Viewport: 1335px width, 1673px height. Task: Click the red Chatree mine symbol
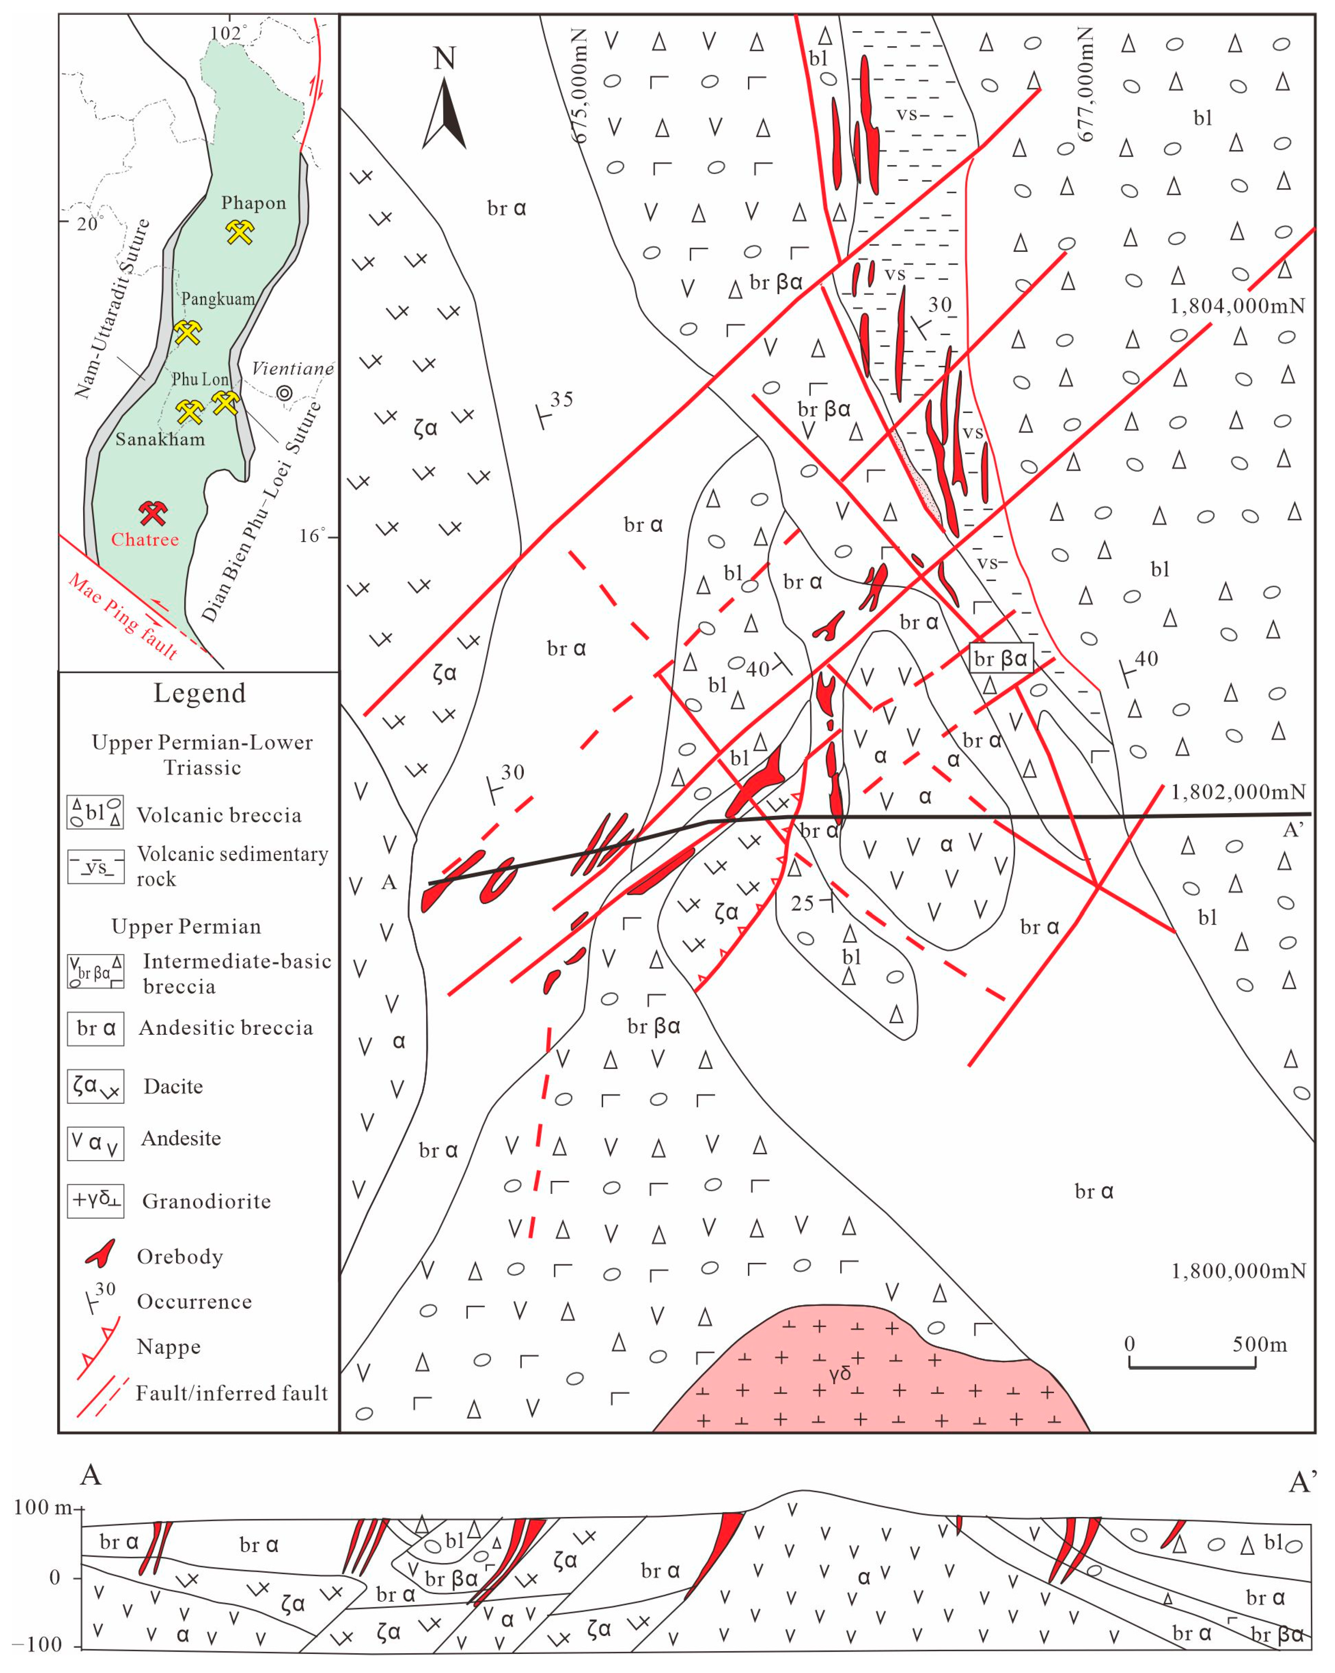(153, 512)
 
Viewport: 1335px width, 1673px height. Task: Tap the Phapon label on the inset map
(254, 203)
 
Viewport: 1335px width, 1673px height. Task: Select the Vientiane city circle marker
(285, 393)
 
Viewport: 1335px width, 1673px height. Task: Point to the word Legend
(199, 693)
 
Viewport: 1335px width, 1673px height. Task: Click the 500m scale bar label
(1260, 1344)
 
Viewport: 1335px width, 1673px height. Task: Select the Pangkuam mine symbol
(188, 332)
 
